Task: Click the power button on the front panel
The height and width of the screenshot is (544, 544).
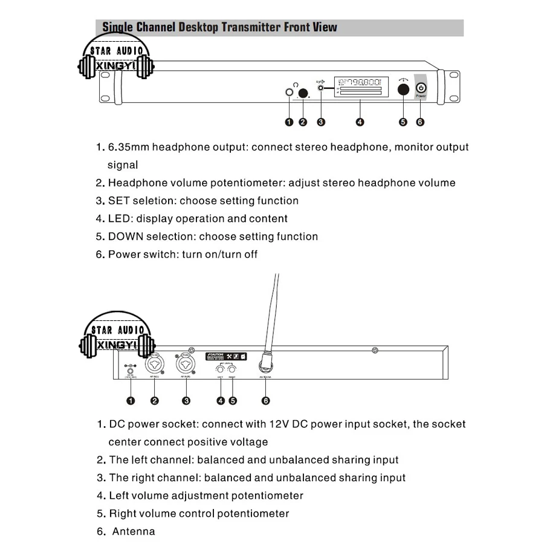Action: coord(421,88)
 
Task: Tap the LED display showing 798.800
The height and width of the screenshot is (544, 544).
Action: coord(360,88)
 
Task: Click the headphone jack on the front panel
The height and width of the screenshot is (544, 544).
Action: coord(289,92)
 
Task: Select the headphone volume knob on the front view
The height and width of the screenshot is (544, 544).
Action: coord(303,92)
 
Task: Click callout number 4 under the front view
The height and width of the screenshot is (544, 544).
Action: coord(360,122)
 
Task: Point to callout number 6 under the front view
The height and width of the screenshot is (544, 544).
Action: coord(421,122)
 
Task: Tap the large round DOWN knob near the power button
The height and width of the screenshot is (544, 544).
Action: coord(403,89)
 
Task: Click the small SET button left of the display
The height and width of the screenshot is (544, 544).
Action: coord(321,88)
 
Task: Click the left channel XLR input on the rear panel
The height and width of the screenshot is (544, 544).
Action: coord(155,366)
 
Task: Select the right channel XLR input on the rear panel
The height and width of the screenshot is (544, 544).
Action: coord(186,366)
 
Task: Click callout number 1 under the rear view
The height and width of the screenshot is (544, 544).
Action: coord(129,400)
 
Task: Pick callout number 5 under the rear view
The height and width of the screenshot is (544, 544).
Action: coord(233,400)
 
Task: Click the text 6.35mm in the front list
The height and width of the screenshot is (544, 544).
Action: coord(129,147)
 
